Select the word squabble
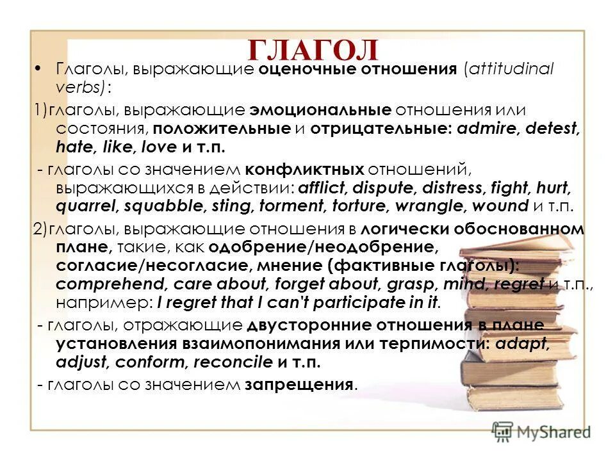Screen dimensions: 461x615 160,206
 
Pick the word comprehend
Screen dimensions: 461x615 97,284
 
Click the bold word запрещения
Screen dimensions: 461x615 299,385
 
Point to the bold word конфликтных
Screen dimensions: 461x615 305,170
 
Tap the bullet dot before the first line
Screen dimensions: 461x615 39,70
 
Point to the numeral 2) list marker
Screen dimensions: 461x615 40,230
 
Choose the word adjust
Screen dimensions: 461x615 84,362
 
